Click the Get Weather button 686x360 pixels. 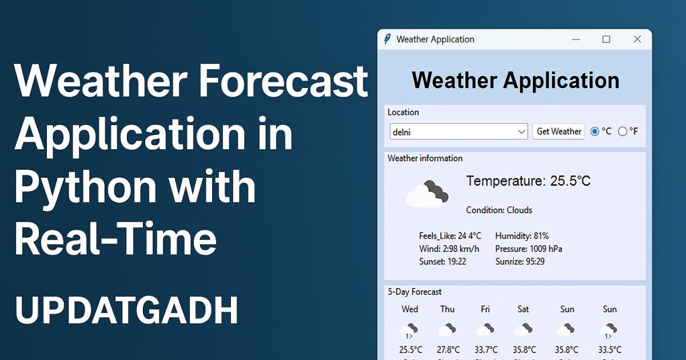pyautogui.click(x=559, y=131)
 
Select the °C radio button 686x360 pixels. pyautogui.click(x=595, y=131)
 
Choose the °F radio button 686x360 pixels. pyautogui.click(x=623, y=131)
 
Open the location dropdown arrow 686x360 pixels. pyautogui.click(x=521, y=132)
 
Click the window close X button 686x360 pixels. pyautogui.click(x=637, y=39)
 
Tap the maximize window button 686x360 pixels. pyautogui.click(x=607, y=39)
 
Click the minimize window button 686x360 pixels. pyautogui.click(x=576, y=39)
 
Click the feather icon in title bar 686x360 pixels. pyautogui.click(x=387, y=39)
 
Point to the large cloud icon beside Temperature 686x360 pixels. pyautogui.click(x=426, y=194)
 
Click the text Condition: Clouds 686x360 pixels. pyautogui.click(x=499, y=210)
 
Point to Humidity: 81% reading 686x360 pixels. pyautogui.click(x=522, y=236)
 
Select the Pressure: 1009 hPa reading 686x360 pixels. pyautogui.click(x=529, y=249)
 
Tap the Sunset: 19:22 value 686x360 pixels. pyautogui.click(x=442, y=262)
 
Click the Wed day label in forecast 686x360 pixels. pyautogui.click(x=410, y=309)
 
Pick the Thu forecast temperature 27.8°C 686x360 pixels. pyautogui.click(x=448, y=350)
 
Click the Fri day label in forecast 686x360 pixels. pyautogui.click(x=485, y=309)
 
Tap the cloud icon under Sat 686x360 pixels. pyautogui.click(x=523, y=330)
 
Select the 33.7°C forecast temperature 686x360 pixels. pyautogui.click(x=486, y=350)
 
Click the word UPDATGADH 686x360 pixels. pyautogui.click(x=126, y=311)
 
